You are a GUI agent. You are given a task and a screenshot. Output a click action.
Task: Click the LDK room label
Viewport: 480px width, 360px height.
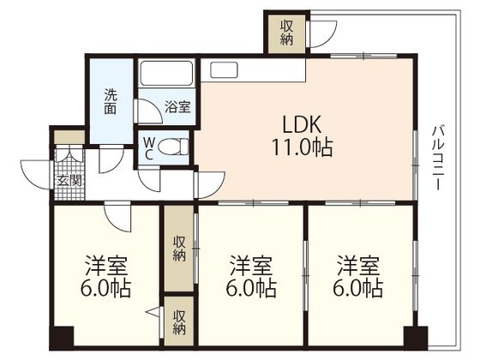pos(302,124)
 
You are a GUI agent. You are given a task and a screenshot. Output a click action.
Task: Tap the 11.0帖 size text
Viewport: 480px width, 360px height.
pos(302,147)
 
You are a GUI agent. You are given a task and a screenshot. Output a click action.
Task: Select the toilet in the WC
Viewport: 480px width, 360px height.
pos(173,147)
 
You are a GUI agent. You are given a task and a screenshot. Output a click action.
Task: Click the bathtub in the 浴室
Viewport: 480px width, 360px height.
pos(166,73)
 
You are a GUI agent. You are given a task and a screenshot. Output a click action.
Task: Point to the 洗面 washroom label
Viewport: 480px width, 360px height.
pos(111,101)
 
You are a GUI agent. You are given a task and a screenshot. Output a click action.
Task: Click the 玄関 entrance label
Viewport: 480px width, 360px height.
pos(70,181)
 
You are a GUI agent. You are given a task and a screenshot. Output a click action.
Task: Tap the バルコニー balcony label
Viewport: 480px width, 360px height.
pos(437,158)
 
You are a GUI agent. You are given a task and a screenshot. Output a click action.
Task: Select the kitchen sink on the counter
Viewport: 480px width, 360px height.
pos(224,69)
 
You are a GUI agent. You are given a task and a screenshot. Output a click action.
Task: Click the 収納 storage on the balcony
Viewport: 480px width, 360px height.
pos(287,33)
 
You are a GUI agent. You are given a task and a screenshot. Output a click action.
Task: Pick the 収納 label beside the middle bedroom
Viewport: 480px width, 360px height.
pos(179,249)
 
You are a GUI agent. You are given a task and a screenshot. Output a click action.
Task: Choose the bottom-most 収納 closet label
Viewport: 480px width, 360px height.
pos(179,322)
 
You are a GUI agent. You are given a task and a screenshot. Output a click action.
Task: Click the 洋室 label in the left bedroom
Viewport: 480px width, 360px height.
pos(106,266)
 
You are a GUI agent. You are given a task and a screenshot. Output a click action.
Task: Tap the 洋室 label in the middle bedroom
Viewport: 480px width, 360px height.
pos(251,266)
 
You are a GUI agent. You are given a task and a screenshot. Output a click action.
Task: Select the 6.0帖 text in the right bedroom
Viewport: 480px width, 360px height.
pos(358,288)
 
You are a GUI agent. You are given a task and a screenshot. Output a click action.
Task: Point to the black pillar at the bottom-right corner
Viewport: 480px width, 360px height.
pos(416,338)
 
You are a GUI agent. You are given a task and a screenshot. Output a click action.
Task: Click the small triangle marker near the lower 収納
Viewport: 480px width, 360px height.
pos(154,313)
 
